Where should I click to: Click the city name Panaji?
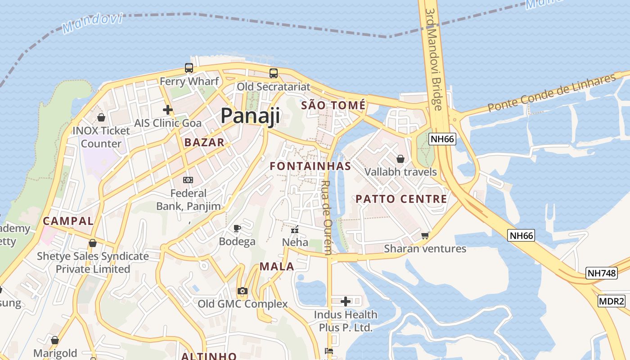point(250,116)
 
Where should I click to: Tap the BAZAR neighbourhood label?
point(204,143)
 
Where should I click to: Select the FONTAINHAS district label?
point(310,166)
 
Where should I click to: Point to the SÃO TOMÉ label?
point(333,105)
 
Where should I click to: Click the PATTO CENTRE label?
point(401,199)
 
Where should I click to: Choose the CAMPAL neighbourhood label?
point(68,221)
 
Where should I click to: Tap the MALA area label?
point(277,266)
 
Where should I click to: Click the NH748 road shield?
point(601,273)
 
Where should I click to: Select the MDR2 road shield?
point(612,301)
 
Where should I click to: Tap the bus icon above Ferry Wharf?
point(189,68)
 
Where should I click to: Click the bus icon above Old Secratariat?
point(274,73)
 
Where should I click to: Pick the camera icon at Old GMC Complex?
point(243,291)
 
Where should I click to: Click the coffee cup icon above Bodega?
point(237,228)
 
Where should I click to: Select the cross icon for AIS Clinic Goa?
point(168,109)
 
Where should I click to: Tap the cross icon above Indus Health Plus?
point(346,301)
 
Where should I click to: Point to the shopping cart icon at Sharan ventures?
point(425,235)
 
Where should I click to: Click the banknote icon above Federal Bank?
point(188,180)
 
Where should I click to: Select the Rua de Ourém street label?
point(327,217)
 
